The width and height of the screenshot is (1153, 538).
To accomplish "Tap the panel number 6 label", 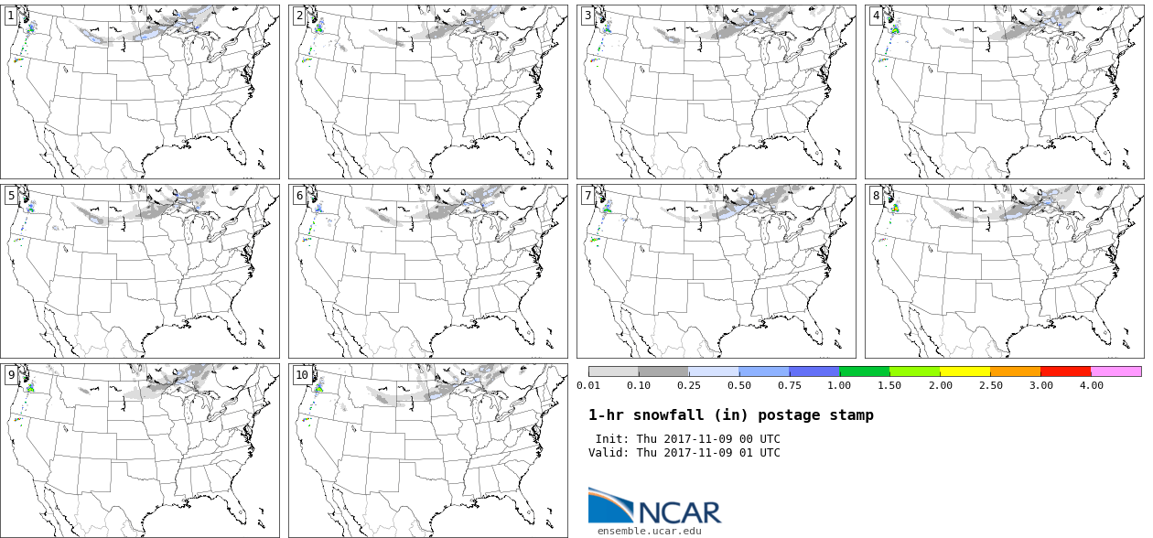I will (x=299, y=196).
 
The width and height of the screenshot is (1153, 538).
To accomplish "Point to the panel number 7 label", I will (x=587, y=196).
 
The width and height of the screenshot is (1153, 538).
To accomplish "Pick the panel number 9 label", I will (x=11, y=375).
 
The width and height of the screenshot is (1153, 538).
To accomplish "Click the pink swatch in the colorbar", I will (x=1115, y=371).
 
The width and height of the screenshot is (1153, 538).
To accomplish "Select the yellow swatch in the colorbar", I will (x=964, y=371).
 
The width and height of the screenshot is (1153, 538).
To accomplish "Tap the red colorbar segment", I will (x=1065, y=371).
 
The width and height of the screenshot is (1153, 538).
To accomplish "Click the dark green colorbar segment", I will (x=864, y=371).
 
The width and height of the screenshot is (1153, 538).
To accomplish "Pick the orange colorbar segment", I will (x=1015, y=371).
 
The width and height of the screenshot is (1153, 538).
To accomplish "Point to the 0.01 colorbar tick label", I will (x=588, y=385).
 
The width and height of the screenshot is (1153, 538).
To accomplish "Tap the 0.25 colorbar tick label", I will (x=688, y=385).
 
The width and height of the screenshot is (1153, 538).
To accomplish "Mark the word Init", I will (x=611, y=439).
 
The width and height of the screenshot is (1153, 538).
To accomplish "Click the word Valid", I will (x=608, y=453).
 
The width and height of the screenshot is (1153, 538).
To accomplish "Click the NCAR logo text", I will (x=679, y=511).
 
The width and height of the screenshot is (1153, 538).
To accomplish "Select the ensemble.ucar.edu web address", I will (x=650, y=531).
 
